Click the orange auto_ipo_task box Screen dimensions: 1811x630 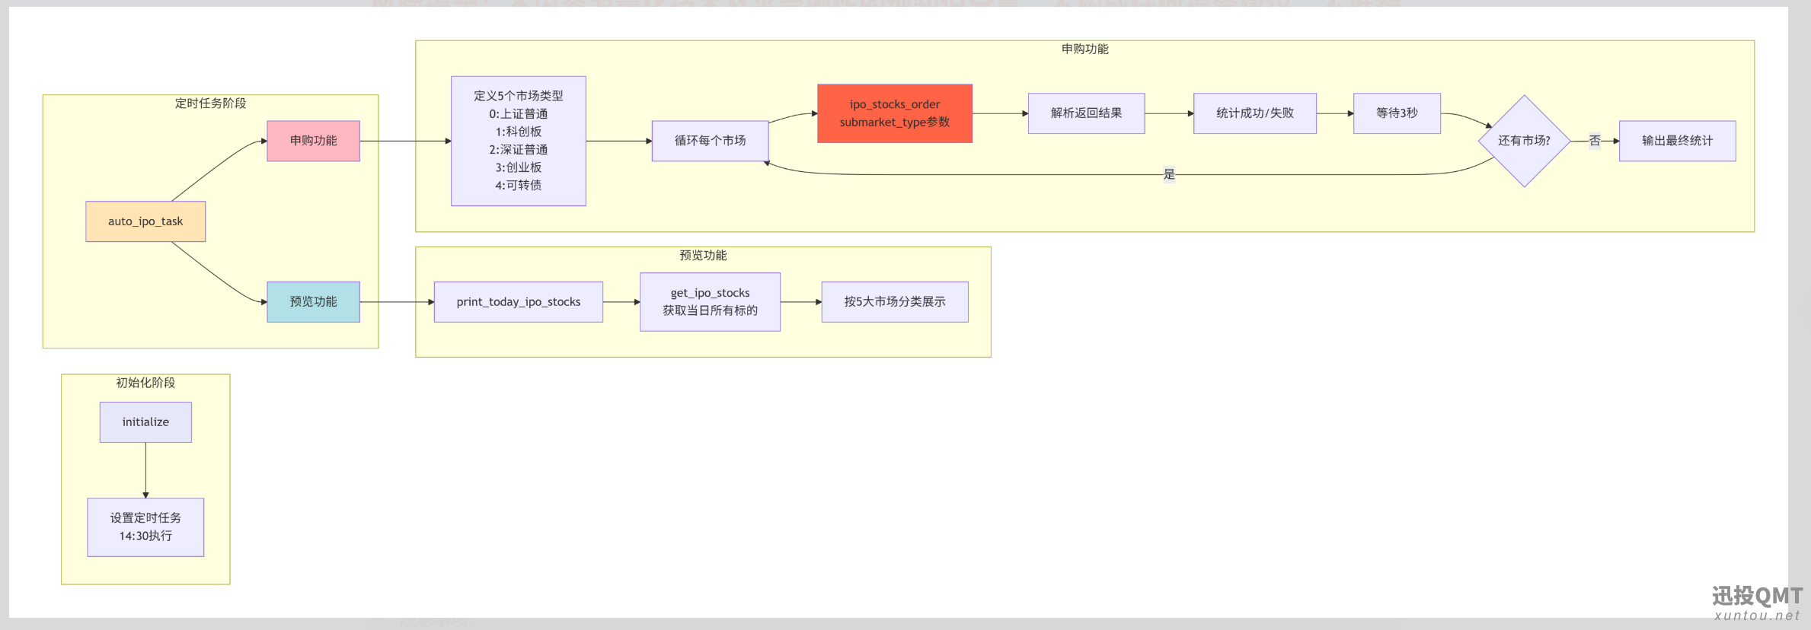(x=145, y=221)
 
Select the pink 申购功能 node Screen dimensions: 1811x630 (x=313, y=141)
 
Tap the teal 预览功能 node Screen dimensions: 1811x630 (x=313, y=302)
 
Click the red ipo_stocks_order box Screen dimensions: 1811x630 (x=895, y=113)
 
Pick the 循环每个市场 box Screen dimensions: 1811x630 (x=710, y=141)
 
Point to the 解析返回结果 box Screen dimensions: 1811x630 (x=1086, y=113)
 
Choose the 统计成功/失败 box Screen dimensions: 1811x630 (x=1255, y=113)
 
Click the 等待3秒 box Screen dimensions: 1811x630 (x=1397, y=113)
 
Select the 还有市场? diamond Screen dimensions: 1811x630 (x=1524, y=141)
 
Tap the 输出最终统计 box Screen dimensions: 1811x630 (x=1677, y=141)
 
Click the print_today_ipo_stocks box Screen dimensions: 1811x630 (x=519, y=302)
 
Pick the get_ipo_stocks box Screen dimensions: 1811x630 (x=710, y=302)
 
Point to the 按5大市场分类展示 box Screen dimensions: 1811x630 (x=895, y=302)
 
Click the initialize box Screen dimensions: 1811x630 (x=145, y=422)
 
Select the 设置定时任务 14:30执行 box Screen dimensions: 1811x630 (x=145, y=527)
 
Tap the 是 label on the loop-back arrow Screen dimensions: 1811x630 (x=1169, y=174)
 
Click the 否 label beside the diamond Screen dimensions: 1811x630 (x=1595, y=141)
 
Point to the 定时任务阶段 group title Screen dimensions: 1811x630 (x=210, y=103)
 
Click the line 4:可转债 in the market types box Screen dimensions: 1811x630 (x=519, y=186)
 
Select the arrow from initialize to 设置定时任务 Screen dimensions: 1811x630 (x=145, y=470)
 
